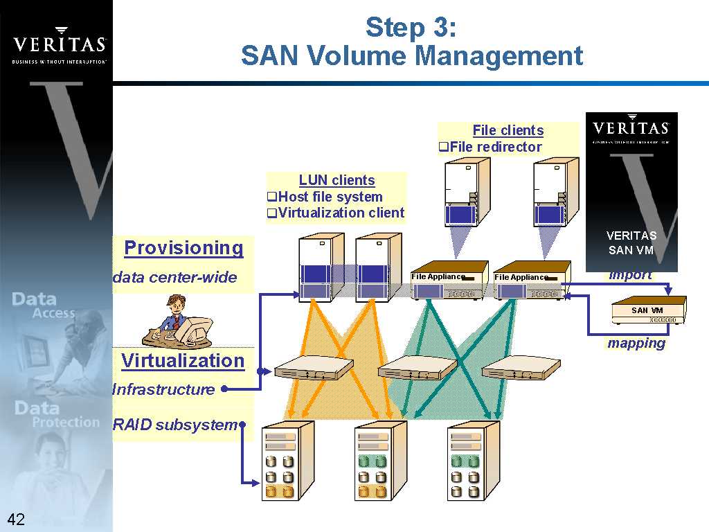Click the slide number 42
coord(16,519)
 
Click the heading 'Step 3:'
coord(411,28)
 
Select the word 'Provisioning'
coord(183,248)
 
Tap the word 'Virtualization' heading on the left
coord(183,361)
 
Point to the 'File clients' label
coord(508,130)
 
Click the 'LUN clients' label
coord(336,180)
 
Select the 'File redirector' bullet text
coord(495,147)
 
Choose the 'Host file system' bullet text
coord(330,197)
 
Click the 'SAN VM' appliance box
coord(647,310)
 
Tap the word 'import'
coord(630,275)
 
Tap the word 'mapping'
coord(636,343)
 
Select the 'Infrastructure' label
coord(163,389)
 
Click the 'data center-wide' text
coord(175,278)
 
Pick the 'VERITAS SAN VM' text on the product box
coord(631,242)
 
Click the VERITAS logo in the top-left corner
coord(60,45)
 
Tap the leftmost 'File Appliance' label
coord(438,276)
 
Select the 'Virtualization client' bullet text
coord(341,213)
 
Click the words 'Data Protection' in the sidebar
coord(56,414)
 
